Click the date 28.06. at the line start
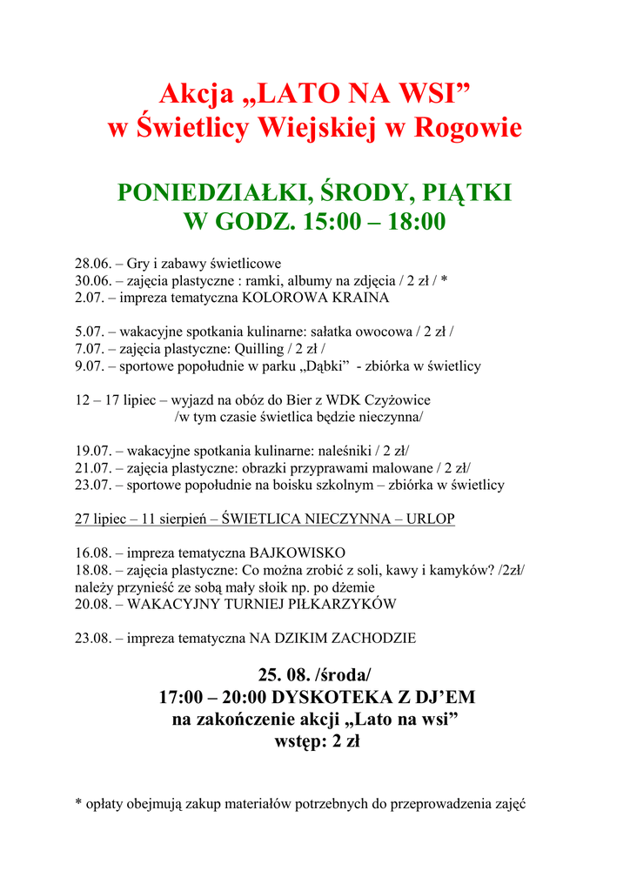pos(92,264)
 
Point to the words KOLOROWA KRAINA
pos(315,297)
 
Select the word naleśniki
pos(341,451)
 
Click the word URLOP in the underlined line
pos(431,519)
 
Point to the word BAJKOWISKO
pos(297,553)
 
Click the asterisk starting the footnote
pos(78,804)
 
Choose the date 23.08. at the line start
pos(92,638)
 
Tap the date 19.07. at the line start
pos(92,451)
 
